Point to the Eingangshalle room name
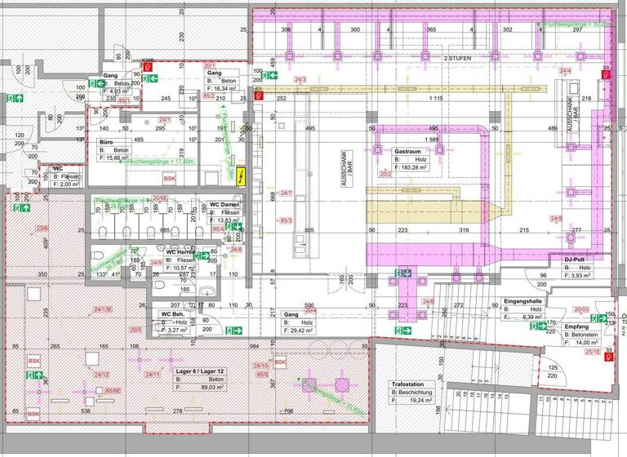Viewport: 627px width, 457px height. pyautogui.click(x=523, y=301)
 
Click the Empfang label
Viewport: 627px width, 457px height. pyautogui.click(x=576, y=326)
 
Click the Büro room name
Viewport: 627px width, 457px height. pyautogui.click(x=107, y=142)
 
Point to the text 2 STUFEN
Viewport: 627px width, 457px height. pyautogui.click(x=458, y=59)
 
